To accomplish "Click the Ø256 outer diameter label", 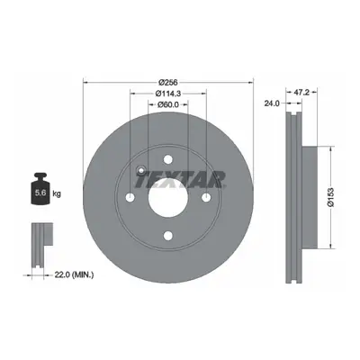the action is (168, 82).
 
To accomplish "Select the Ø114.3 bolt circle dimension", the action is (168, 94).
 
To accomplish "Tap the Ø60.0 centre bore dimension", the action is (168, 104).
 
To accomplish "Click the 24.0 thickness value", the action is (272, 103).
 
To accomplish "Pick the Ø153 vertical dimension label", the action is (330, 197).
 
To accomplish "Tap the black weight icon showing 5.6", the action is (40, 189).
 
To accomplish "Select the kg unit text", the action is (57, 193).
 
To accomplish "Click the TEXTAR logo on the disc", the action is (180, 179).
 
